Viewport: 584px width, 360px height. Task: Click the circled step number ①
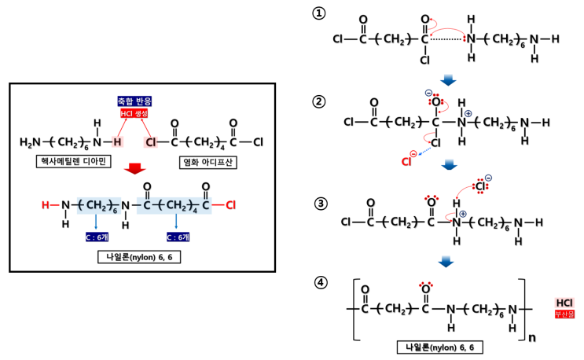pos(319,14)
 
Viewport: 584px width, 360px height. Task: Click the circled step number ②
pos(319,101)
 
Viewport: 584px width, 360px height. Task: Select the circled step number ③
pos(321,204)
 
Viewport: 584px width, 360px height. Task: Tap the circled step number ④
pos(321,282)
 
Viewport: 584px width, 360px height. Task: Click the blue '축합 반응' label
pos(134,101)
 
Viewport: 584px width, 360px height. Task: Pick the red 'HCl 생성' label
pos(134,113)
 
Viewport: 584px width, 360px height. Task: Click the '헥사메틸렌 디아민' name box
pos(73,162)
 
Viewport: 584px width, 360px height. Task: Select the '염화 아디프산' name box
pos(208,163)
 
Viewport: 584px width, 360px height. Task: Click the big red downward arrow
pos(135,168)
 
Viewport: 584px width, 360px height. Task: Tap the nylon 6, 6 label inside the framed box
pos(139,257)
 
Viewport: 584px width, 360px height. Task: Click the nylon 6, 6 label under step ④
pos(440,347)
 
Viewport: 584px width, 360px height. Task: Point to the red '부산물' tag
pos(564,314)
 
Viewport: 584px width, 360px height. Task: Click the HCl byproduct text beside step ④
pos(564,303)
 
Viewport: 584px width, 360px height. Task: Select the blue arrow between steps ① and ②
pos(448,80)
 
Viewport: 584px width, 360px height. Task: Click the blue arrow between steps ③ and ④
pos(446,262)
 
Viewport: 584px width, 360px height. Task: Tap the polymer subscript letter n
pos(532,338)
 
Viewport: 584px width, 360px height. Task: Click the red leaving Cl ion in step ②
pos(409,160)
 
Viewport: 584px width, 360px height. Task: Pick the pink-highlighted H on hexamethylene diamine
pos(117,141)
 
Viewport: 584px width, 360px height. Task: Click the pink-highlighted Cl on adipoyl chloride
pos(151,141)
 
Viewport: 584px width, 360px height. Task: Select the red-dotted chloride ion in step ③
pos(481,185)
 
